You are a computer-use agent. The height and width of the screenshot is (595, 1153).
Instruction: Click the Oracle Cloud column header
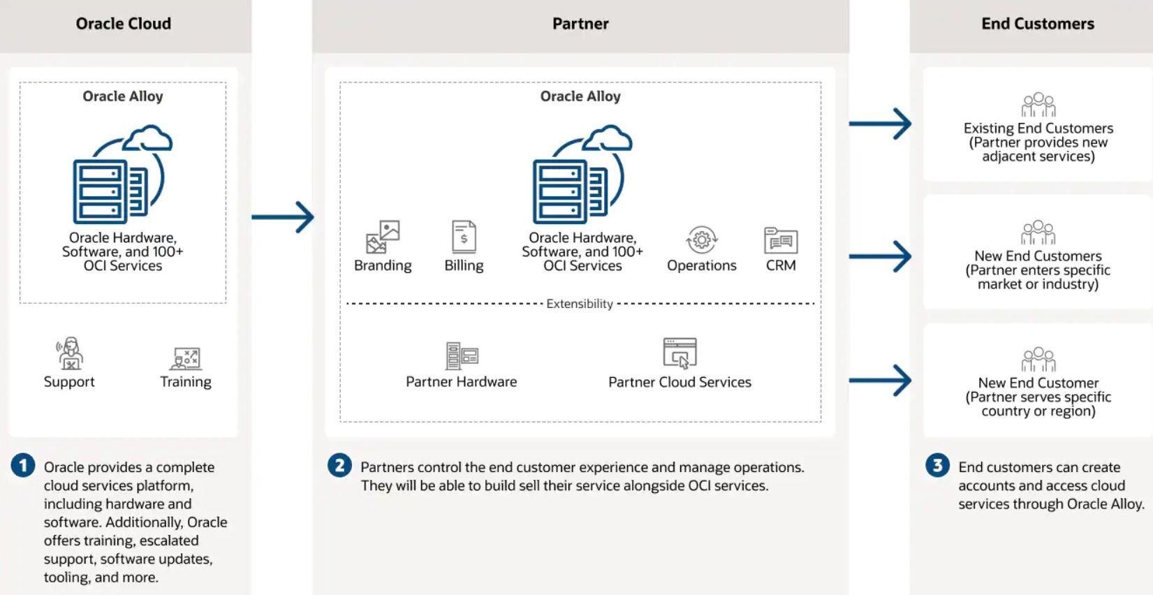click(124, 24)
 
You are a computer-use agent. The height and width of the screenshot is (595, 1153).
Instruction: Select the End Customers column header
click(1037, 24)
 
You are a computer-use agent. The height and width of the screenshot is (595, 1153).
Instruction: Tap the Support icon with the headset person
click(70, 353)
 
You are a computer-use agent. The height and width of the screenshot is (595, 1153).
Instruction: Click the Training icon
click(186, 358)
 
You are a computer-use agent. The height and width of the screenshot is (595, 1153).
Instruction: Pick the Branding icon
click(383, 237)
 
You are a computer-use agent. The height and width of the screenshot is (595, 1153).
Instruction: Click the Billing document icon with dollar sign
click(464, 237)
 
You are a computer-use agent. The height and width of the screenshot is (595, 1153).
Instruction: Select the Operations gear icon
click(701, 240)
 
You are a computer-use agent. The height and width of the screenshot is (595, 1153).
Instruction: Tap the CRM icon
click(781, 240)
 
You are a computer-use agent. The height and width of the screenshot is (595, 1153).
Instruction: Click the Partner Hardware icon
click(462, 355)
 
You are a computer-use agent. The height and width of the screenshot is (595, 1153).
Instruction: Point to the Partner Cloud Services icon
click(680, 353)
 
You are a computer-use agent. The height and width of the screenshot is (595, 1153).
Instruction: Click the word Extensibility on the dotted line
click(580, 304)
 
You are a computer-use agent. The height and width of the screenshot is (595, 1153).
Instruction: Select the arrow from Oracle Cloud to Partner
click(283, 217)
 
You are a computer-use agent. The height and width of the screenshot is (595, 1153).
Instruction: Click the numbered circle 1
click(23, 465)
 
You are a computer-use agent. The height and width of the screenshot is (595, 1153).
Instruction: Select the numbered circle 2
click(339, 465)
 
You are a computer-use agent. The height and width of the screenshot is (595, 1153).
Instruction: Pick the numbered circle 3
click(937, 465)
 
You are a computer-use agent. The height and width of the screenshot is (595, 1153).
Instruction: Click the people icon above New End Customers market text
click(1038, 233)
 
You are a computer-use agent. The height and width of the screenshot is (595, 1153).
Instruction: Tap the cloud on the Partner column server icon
click(608, 138)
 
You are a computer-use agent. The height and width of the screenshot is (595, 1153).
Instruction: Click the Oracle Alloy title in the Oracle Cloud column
click(123, 96)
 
